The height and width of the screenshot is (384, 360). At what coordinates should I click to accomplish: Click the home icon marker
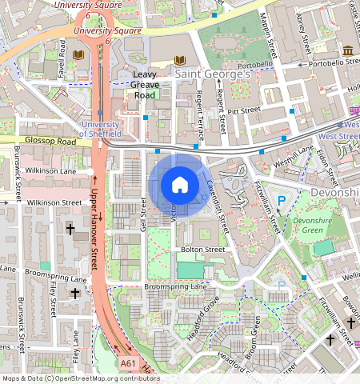tap(180, 186)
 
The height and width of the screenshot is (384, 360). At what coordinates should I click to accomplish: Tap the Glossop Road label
tap(50, 142)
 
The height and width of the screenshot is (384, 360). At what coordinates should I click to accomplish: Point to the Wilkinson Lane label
tap(50, 170)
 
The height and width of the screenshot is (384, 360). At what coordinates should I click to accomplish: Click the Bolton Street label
tap(202, 250)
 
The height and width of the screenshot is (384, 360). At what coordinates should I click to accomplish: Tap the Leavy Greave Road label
tap(146, 84)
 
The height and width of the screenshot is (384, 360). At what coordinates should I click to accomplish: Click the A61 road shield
tap(128, 363)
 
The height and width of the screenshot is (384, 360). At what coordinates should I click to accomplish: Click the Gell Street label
tap(144, 216)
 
